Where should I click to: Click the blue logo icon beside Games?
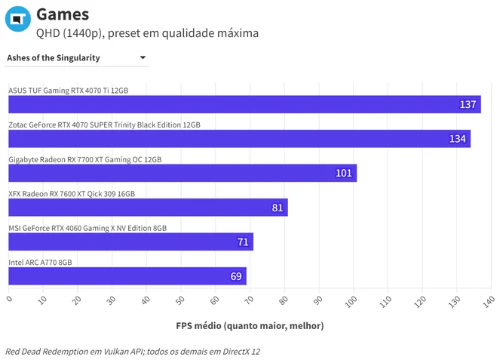point(18,19)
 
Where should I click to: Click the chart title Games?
point(63,14)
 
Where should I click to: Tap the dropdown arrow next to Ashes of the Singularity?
point(143,57)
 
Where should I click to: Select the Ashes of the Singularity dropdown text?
point(54,58)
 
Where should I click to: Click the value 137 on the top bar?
point(468,104)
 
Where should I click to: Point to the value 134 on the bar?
point(457,139)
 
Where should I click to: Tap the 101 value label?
point(344,173)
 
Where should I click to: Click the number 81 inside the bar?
point(278,208)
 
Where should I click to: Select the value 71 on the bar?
point(243,242)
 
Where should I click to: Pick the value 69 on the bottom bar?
point(236,276)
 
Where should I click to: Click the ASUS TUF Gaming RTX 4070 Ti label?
point(69,91)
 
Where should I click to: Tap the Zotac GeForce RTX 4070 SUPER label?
point(104,125)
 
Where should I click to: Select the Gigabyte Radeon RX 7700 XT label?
point(85,159)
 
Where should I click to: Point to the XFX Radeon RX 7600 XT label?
point(72,194)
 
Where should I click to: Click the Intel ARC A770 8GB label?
point(40,263)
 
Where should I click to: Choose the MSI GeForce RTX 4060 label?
point(87,229)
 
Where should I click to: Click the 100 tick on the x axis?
point(351,302)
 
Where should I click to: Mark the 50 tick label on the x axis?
point(180,300)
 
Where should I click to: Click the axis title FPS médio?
point(250,325)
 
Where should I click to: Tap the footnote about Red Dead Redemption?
point(133,352)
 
